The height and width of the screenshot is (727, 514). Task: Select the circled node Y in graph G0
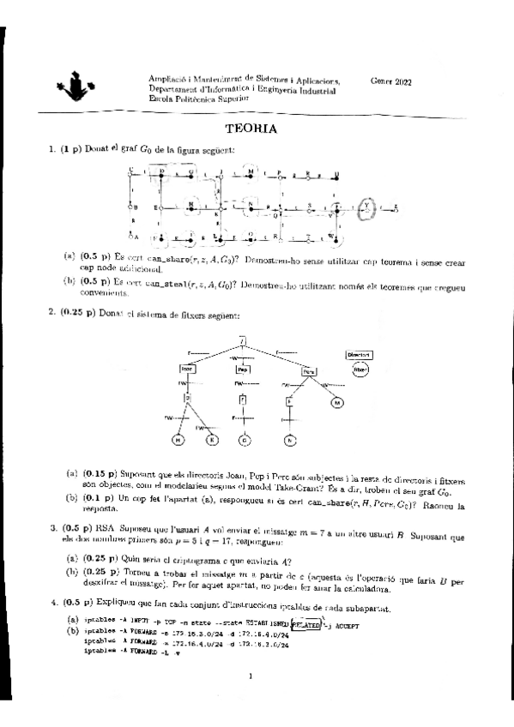click(x=366, y=207)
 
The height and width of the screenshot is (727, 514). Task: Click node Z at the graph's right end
click(x=396, y=207)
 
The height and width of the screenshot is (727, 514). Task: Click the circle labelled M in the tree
click(x=336, y=401)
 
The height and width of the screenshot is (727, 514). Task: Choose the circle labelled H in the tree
click(x=178, y=441)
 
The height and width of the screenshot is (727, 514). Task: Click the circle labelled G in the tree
click(x=244, y=441)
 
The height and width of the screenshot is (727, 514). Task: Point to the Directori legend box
click(x=359, y=354)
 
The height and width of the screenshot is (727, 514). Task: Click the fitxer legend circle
click(x=360, y=370)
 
